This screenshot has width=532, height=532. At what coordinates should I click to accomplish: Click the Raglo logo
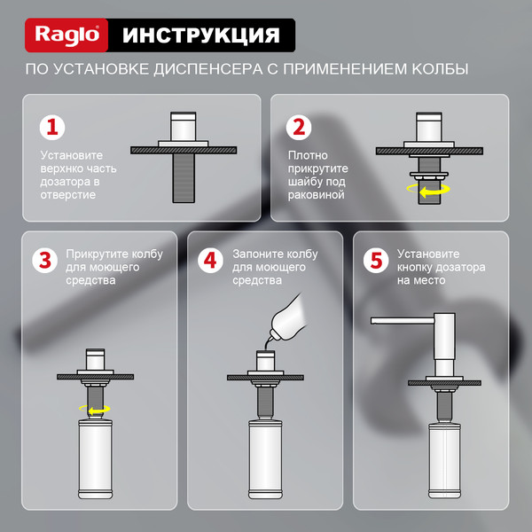(71, 35)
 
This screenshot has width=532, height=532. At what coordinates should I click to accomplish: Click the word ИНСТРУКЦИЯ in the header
(200, 35)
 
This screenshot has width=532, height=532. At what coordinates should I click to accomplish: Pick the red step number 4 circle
(210, 262)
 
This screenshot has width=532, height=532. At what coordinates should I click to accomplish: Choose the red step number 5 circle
(376, 262)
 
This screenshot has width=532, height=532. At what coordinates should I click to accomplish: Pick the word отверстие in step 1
(68, 194)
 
